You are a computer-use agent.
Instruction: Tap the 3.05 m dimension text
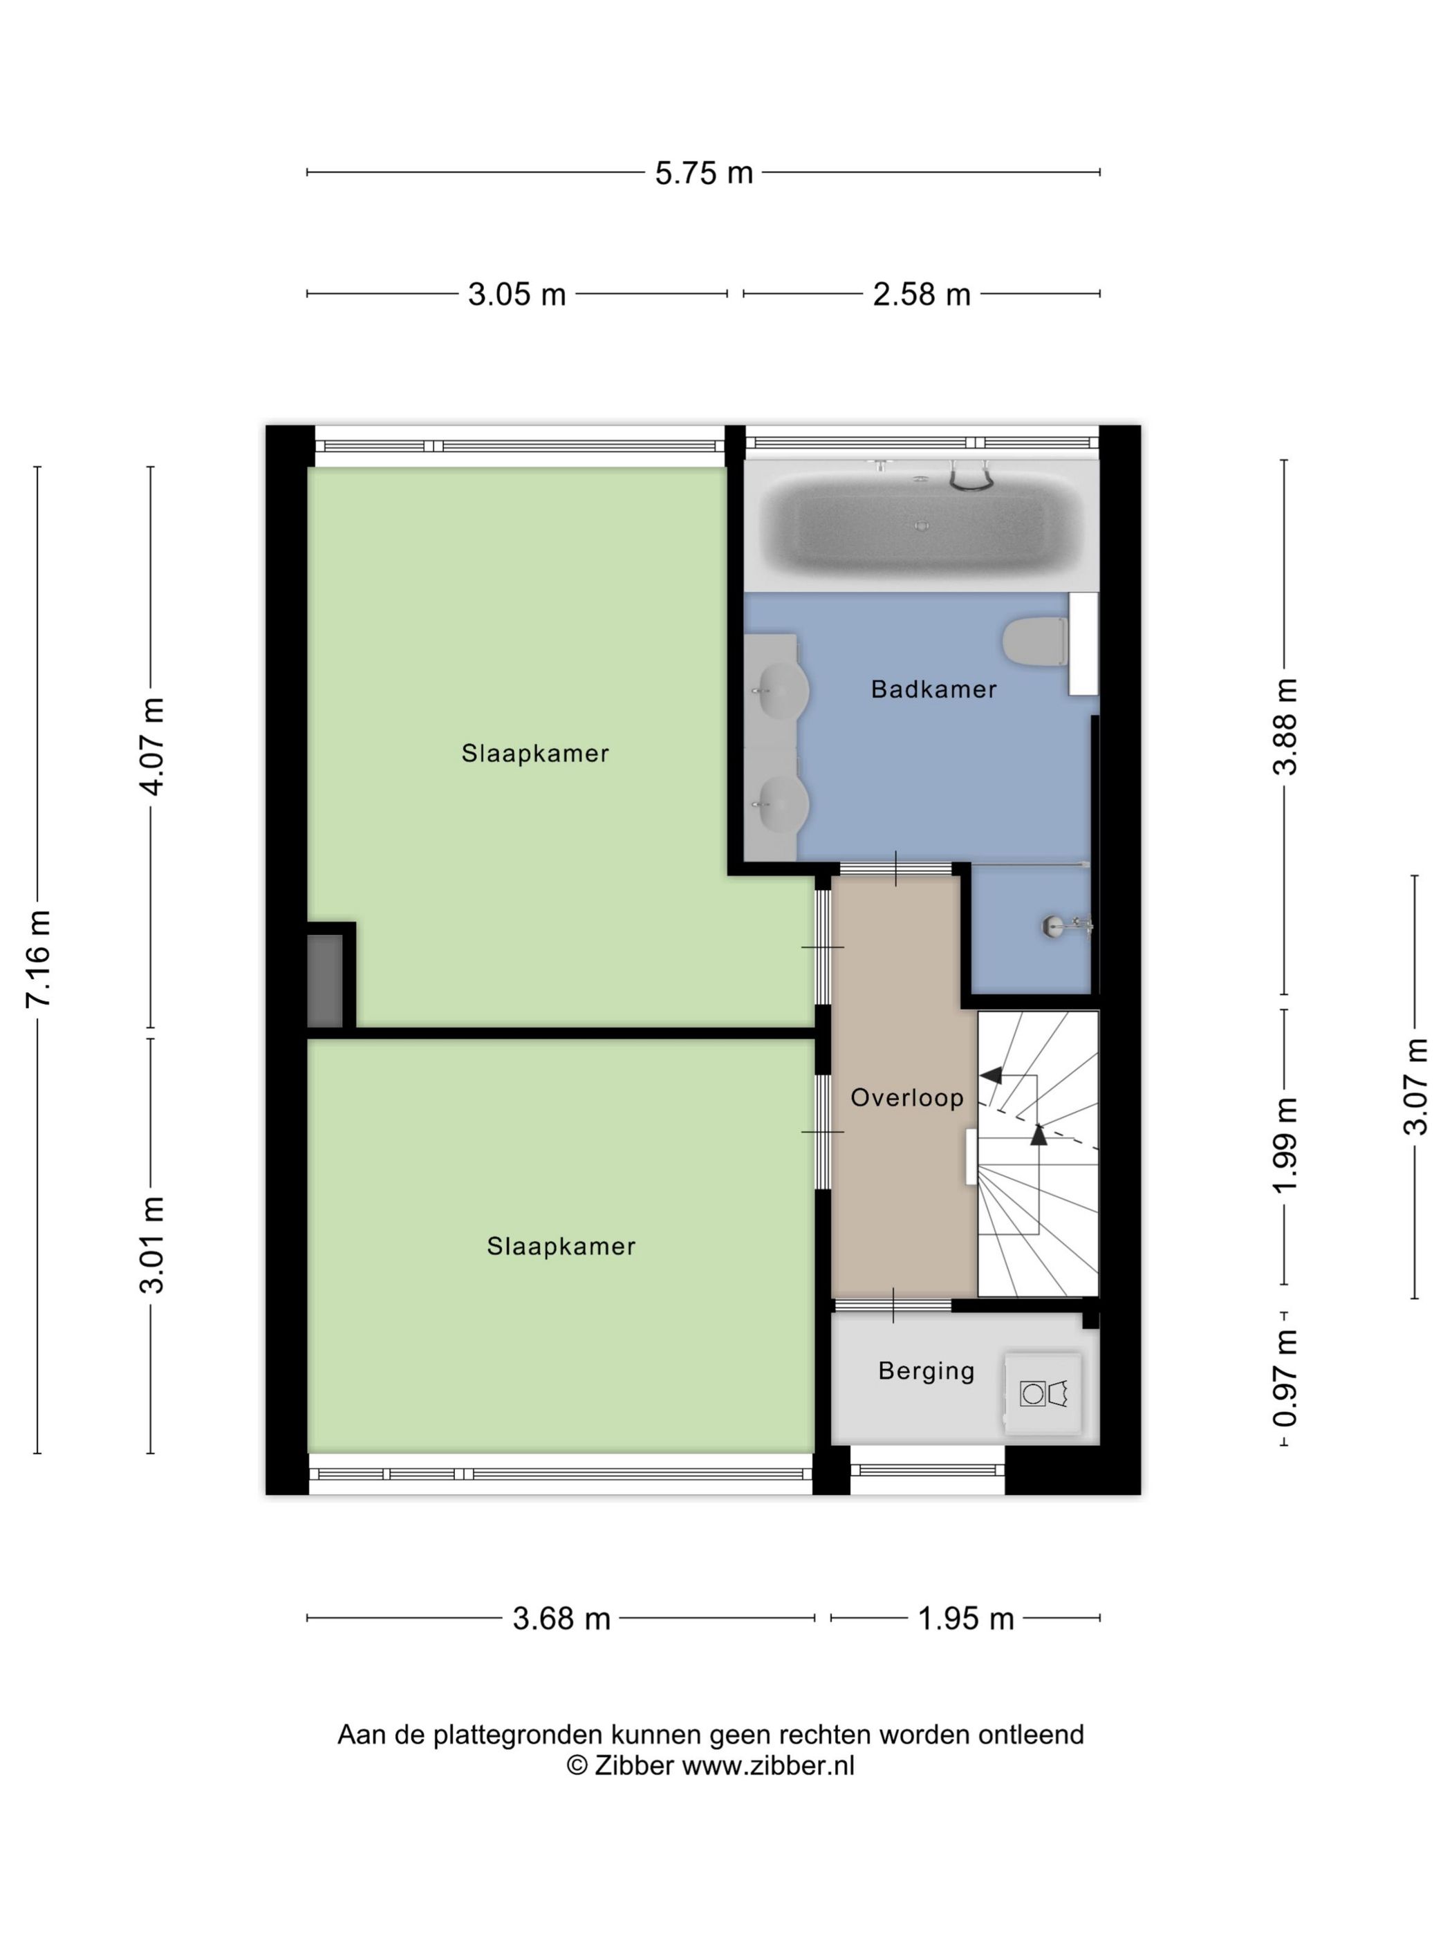click(516, 294)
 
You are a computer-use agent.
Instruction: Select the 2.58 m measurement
click(922, 294)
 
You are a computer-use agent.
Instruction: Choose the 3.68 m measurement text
click(561, 1619)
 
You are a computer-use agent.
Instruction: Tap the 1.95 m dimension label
click(965, 1619)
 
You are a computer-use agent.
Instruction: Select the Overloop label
click(906, 1097)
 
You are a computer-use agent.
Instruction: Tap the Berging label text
click(926, 1370)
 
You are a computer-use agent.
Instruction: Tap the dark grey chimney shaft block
click(325, 981)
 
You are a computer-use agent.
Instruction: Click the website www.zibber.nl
click(768, 1766)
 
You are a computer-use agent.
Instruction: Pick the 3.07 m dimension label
click(1415, 1086)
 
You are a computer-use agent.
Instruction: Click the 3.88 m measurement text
click(1285, 727)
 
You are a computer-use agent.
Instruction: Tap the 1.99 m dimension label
click(1285, 1146)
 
